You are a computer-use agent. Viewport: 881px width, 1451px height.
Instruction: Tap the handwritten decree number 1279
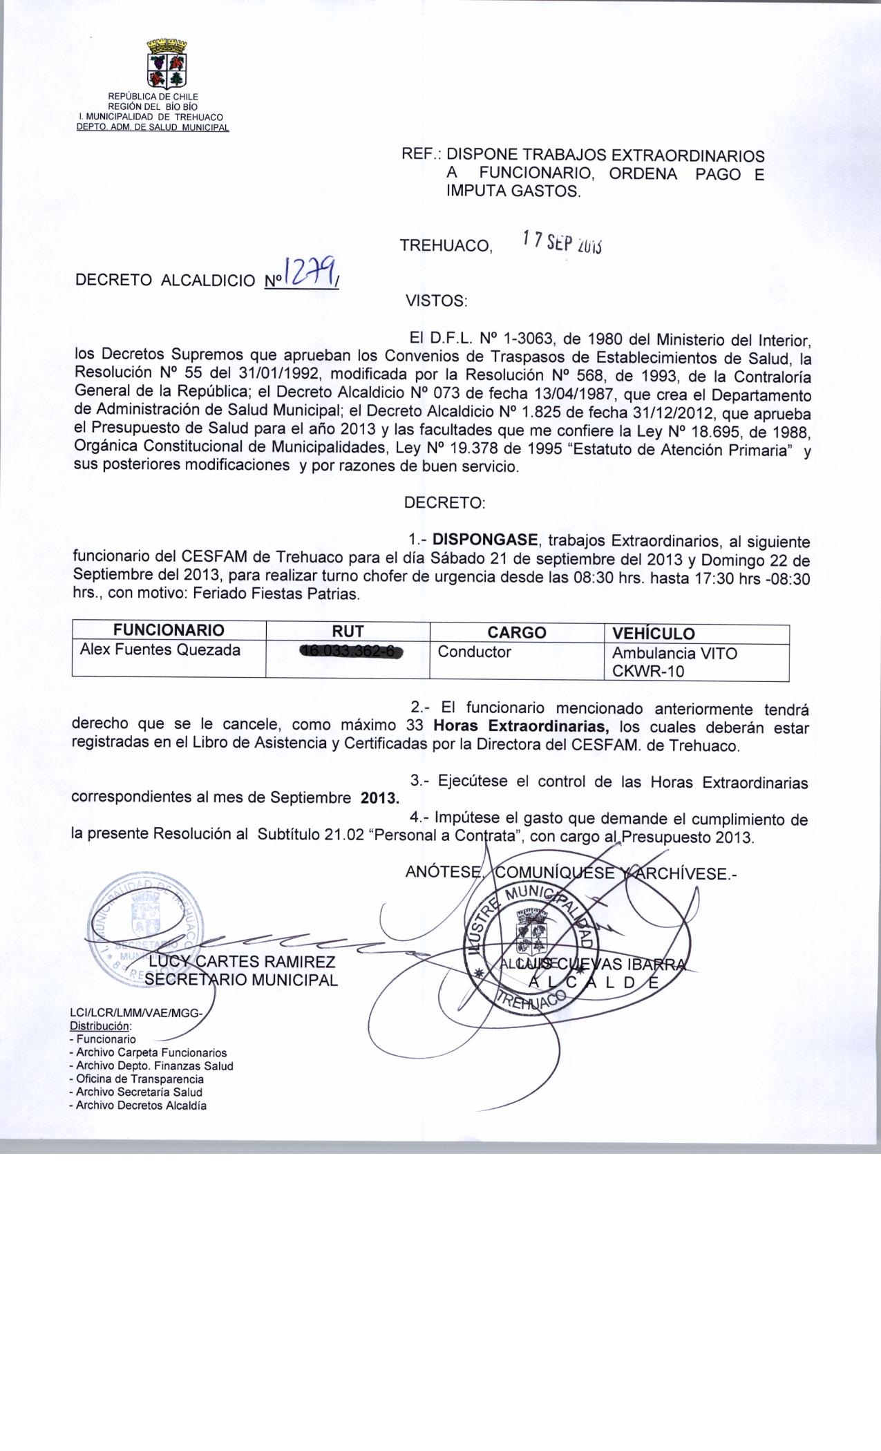[x=311, y=272]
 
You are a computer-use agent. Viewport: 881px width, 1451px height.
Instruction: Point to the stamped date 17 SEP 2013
[x=562, y=241]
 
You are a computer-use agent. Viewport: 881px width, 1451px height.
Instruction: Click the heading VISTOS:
[x=436, y=301]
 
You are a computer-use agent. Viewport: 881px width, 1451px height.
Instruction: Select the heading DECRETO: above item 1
[x=444, y=503]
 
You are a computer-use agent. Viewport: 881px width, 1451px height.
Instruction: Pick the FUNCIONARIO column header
[x=169, y=630]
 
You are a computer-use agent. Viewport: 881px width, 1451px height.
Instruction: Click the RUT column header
[x=348, y=631]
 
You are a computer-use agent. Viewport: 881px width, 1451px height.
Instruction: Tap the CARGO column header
[x=517, y=632]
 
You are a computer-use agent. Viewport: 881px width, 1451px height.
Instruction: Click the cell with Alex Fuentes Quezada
[x=160, y=650]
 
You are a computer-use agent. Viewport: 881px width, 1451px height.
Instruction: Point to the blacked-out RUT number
[x=350, y=652]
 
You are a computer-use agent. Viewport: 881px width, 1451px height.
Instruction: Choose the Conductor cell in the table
[x=475, y=652]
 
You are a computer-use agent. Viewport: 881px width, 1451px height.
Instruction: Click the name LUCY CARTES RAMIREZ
[x=243, y=962]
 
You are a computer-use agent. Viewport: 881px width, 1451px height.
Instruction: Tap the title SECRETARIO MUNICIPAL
[x=241, y=980]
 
